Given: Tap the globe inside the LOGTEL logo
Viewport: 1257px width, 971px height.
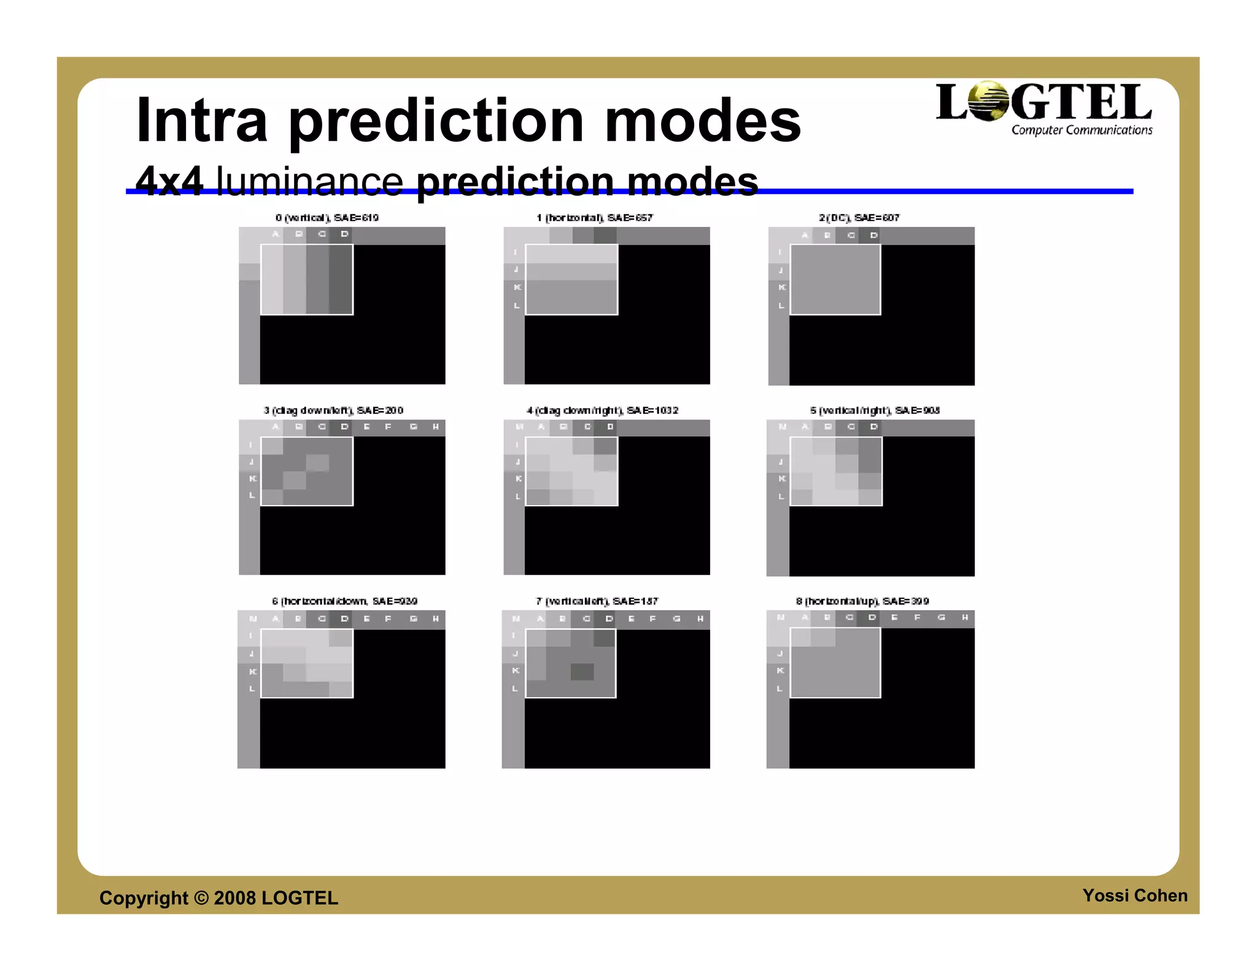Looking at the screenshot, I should (x=988, y=101).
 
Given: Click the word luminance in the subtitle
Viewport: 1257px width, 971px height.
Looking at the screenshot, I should (x=309, y=182).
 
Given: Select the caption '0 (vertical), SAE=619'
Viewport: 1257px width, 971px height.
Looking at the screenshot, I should (x=327, y=218).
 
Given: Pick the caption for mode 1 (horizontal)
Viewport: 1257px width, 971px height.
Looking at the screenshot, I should (x=594, y=218).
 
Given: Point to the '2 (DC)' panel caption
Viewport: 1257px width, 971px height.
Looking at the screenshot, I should (x=859, y=218).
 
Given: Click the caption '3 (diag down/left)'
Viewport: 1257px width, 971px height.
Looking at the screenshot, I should (x=333, y=411).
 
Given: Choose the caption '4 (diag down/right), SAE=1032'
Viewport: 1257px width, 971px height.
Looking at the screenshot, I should (x=602, y=411).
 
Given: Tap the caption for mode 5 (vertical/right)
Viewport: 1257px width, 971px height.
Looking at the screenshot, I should (x=875, y=411).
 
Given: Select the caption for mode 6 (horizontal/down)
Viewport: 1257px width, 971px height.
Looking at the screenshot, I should (x=344, y=602).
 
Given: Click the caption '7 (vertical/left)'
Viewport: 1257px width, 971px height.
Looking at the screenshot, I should (x=597, y=602).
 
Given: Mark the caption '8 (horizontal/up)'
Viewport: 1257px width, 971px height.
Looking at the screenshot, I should (x=862, y=602).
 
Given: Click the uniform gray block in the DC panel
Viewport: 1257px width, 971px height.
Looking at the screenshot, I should (x=835, y=280).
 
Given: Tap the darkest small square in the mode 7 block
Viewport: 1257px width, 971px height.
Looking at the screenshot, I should (x=582, y=672).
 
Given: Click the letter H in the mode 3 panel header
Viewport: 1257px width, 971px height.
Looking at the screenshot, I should (x=436, y=427).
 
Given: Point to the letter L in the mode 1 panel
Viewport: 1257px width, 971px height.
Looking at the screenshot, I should (x=516, y=306).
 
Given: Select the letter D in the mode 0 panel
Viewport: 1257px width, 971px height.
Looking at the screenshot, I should (x=344, y=234).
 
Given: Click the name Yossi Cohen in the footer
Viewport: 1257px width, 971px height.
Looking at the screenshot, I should (x=1134, y=896).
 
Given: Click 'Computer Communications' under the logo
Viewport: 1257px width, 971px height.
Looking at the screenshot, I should (x=1081, y=130).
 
